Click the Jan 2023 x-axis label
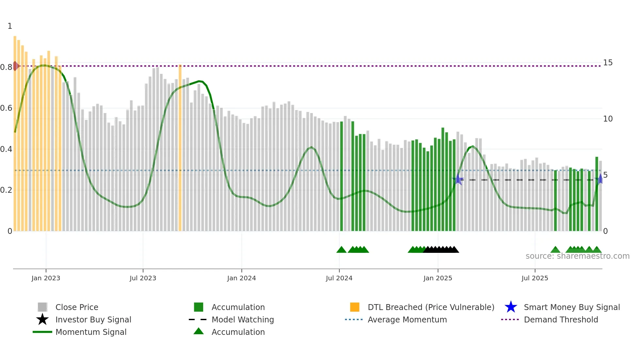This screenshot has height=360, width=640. pos(46,278)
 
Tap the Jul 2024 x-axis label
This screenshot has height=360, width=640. pos(339,278)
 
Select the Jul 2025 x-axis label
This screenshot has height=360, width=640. pos(535,278)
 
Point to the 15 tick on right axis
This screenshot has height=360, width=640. pos(608,62)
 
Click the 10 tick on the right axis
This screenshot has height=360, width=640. pos(608,119)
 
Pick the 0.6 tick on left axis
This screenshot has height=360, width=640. pos(6,108)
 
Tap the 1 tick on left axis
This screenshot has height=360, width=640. pos(10,26)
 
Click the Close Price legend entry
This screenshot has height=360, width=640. pos(77,307)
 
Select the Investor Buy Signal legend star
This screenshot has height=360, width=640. pos(42,319)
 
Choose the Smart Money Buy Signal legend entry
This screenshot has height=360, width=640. pos(572,307)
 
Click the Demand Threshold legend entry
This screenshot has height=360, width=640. pos(561,319)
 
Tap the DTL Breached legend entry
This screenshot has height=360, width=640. pos(431,307)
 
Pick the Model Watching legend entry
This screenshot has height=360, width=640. pos(243,319)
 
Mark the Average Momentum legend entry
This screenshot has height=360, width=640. pos(407,319)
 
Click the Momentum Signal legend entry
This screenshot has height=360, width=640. pos(91,332)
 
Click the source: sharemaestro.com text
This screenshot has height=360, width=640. pos(577,256)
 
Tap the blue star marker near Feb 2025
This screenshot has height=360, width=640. pos(458,179)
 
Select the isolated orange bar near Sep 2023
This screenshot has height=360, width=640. pos(180,147)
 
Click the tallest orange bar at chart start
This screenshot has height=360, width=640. pos(15,131)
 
